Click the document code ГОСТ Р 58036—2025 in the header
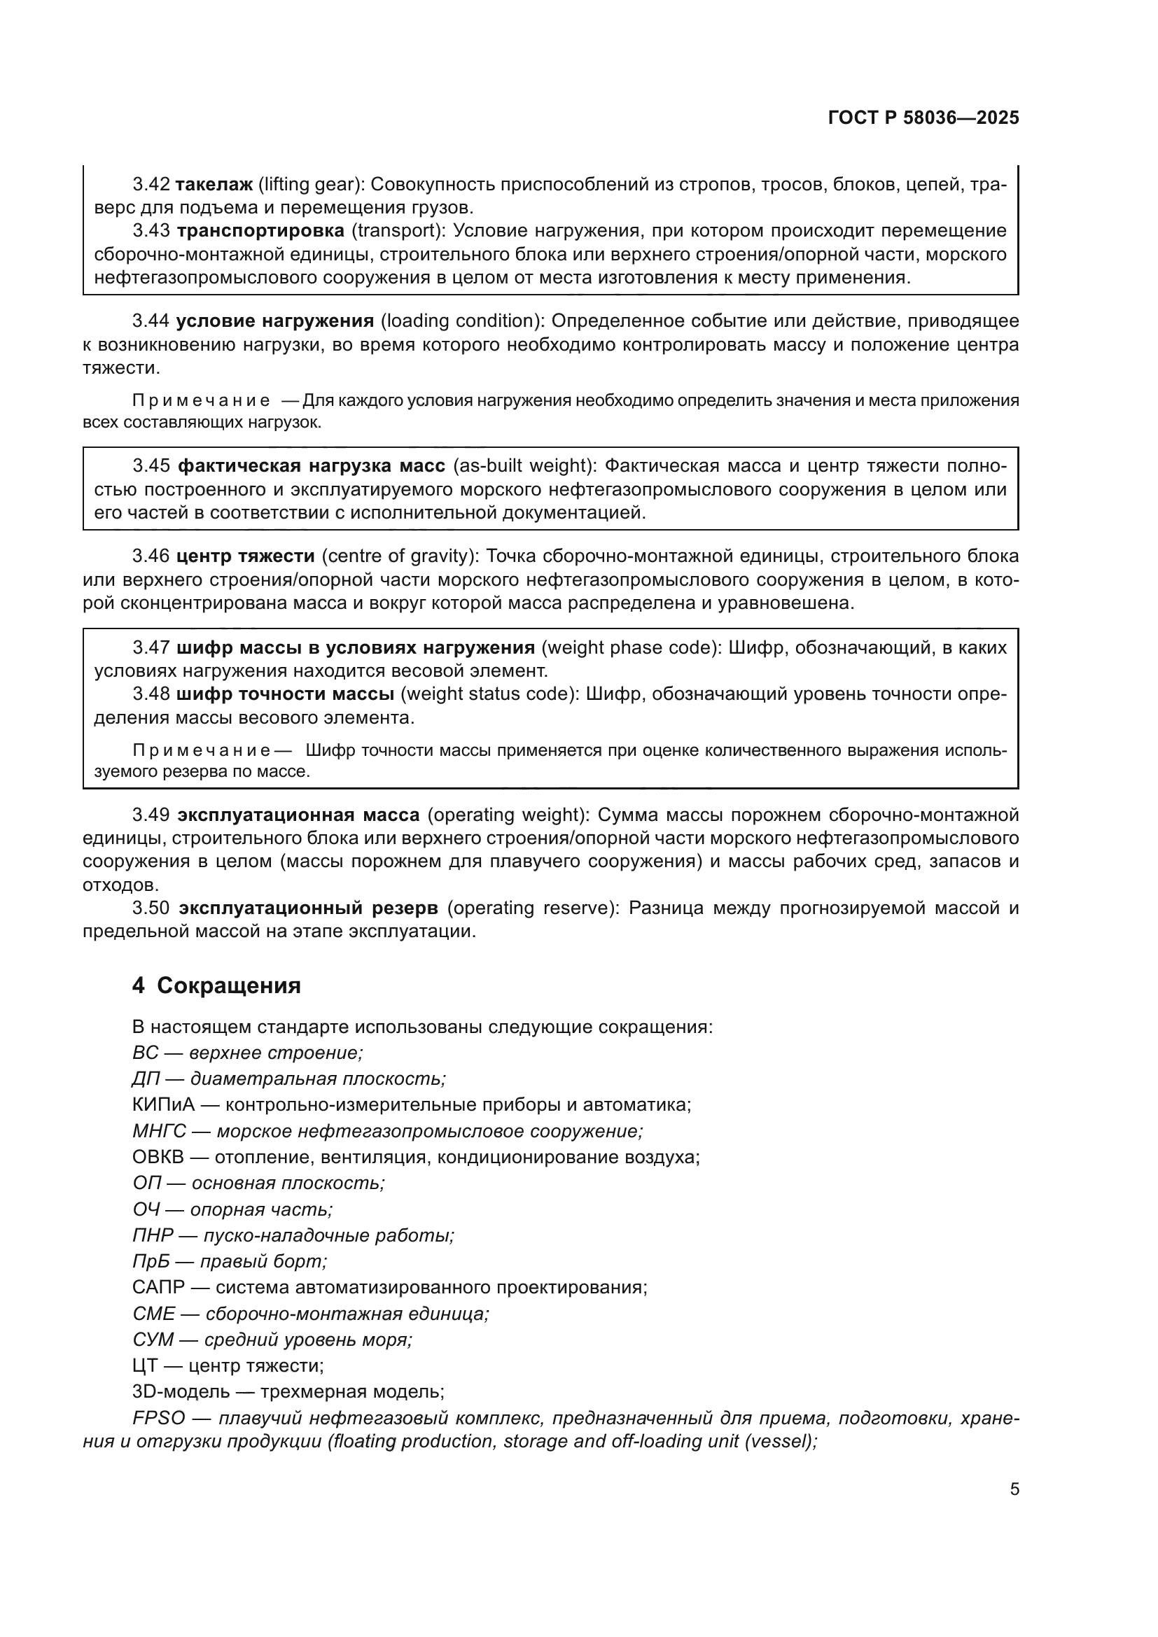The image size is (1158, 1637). coord(923,118)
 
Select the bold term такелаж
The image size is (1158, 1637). coord(214,185)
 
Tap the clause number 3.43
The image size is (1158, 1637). coord(151,231)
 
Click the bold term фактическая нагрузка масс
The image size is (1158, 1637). coord(311,466)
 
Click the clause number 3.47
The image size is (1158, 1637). coord(151,648)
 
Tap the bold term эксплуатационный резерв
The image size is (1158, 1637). coord(308,908)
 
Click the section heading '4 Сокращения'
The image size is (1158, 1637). coord(216,986)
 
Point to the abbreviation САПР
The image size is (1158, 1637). coord(158,1288)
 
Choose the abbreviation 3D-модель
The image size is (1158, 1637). coord(181,1392)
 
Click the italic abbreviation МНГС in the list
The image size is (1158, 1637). coord(159,1132)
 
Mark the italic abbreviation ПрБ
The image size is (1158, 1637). coord(151,1261)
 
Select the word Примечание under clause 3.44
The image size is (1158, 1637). coord(200,401)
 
